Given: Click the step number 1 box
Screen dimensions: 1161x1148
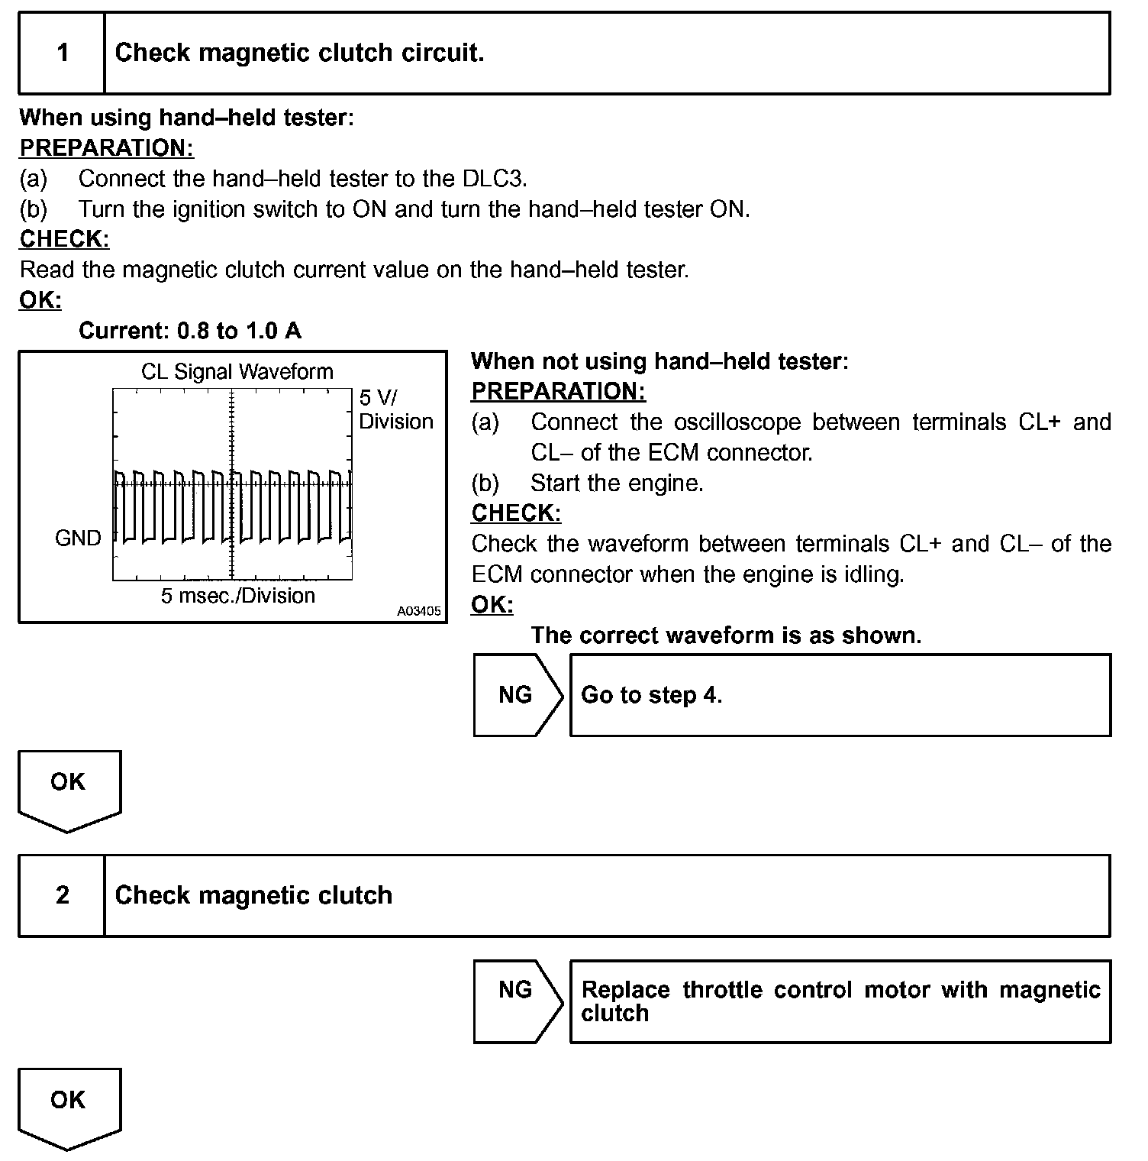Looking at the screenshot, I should pyautogui.click(x=62, y=53).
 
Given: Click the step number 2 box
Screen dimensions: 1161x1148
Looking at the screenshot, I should pyautogui.click(x=62, y=895).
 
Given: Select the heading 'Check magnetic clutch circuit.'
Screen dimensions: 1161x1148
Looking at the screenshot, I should pyautogui.click(x=299, y=53).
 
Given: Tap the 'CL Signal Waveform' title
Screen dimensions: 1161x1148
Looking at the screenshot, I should pyautogui.click(x=237, y=372).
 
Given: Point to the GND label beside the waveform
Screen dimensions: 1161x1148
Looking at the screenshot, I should pyautogui.click(x=78, y=538).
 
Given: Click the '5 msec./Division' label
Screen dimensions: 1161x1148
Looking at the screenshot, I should pyautogui.click(x=238, y=596).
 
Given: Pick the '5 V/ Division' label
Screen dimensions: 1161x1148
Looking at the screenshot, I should pyautogui.click(x=395, y=410).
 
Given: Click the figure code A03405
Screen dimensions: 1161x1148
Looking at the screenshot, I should pyautogui.click(x=419, y=612).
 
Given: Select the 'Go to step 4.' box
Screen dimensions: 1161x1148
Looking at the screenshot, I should pyautogui.click(x=840, y=695).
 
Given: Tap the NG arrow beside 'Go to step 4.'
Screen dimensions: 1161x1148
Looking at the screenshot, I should pyautogui.click(x=518, y=695).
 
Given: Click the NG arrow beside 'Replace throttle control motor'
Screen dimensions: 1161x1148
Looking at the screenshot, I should pyautogui.click(x=518, y=1001).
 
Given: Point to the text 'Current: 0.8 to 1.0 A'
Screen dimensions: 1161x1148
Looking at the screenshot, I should pyautogui.click(x=190, y=331).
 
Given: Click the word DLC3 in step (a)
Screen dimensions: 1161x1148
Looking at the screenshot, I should pyautogui.click(x=494, y=179).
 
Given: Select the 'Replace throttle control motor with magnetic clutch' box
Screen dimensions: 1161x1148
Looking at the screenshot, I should pyautogui.click(x=840, y=1001).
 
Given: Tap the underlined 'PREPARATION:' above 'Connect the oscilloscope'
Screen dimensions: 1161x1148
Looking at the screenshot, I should pyautogui.click(x=558, y=391).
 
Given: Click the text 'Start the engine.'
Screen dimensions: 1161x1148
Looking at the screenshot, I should pyautogui.click(x=617, y=483).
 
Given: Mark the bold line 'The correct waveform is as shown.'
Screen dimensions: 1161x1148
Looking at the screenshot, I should pyautogui.click(x=726, y=635).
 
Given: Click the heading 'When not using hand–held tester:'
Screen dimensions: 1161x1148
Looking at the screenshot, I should pyautogui.click(x=659, y=361).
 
